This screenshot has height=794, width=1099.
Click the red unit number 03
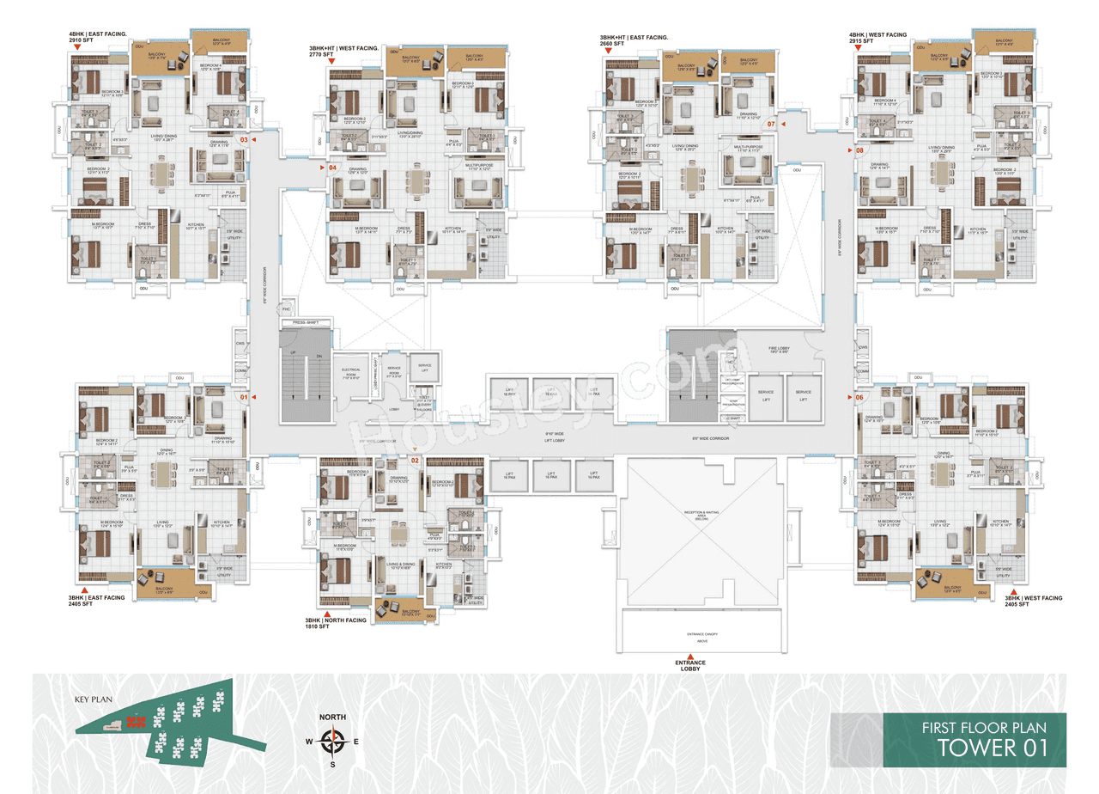click(244, 139)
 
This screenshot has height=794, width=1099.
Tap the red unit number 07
click(771, 125)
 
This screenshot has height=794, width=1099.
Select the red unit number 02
click(415, 461)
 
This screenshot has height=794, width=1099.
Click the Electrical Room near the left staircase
click(349, 374)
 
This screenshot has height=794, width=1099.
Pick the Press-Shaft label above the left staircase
click(305, 322)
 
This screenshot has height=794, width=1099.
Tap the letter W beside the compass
click(309, 740)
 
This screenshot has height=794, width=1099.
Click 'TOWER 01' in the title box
click(992, 747)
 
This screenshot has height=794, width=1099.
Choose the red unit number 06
click(859, 398)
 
